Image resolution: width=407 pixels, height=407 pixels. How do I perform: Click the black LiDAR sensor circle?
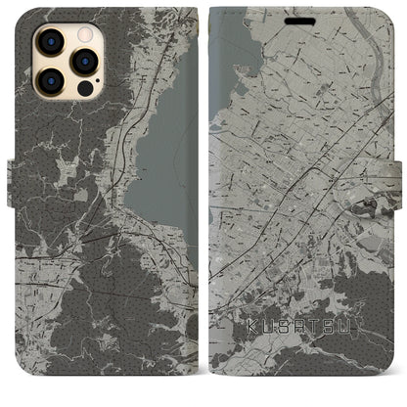click(x=84, y=87)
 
